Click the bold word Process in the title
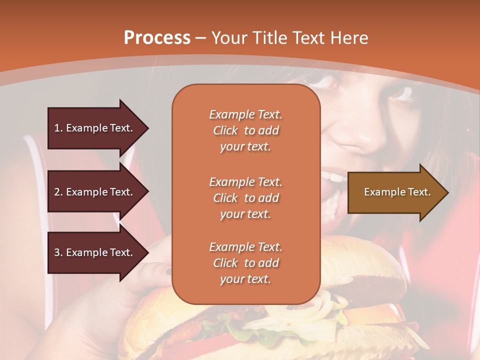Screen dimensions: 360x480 pos(157,38)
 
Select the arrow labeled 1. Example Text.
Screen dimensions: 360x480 pos(95,128)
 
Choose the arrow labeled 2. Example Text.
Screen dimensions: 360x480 pos(95,192)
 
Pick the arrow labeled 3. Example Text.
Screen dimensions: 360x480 pos(95,252)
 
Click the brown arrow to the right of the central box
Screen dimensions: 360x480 pos(395,192)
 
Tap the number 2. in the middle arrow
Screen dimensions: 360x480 pos(58,192)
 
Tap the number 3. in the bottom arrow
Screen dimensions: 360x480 pos(58,252)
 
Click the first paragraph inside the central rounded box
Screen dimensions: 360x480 pos(245,130)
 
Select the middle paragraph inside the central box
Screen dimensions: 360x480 pos(245,198)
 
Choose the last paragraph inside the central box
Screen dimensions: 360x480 pos(245,263)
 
